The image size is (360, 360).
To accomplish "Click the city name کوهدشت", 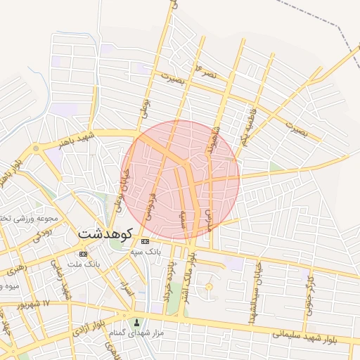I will [x=106, y=231].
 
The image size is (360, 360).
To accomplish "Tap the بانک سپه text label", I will [x=147, y=250].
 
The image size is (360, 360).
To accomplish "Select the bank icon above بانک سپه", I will [x=145, y=241].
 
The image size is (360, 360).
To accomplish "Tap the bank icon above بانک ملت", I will [x=84, y=253].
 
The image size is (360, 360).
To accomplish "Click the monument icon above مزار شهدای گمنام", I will [x=136, y=322].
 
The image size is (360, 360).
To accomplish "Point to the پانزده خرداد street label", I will [x=169, y=281].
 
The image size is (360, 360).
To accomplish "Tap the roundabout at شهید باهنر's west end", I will [x=34, y=149].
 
